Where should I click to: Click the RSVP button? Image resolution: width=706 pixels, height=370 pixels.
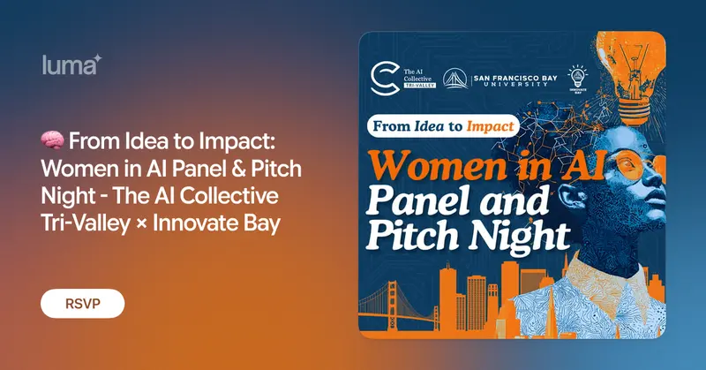tap(82, 303)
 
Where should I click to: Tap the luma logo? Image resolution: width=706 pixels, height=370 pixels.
tap(72, 64)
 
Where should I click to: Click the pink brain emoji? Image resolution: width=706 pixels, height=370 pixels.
tap(52, 140)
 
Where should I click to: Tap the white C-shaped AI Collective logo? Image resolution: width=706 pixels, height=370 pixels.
tap(385, 79)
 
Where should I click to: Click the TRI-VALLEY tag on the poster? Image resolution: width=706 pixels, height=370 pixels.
tap(420, 85)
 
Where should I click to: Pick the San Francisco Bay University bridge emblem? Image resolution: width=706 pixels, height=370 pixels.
tap(455, 79)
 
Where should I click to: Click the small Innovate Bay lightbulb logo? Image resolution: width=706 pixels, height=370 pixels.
tap(578, 77)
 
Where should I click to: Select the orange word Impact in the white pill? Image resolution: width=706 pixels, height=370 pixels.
tap(490, 126)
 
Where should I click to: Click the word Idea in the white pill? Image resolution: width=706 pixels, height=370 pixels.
tap(429, 125)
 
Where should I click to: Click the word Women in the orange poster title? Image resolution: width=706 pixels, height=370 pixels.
tap(437, 165)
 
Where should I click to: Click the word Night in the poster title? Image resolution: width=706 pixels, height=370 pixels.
tap(519, 234)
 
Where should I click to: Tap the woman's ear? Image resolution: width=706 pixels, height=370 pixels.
tap(567, 196)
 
